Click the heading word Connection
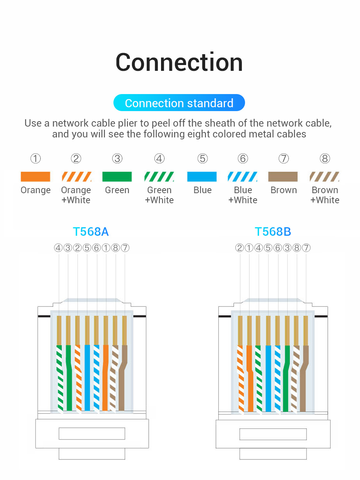coord(179,62)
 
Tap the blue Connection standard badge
coord(179,103)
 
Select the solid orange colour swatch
coord(35,177)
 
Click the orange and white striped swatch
coord(76,177)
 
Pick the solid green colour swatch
coord(117,177)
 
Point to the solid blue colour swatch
coord(202,177)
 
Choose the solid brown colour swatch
coord(283,177)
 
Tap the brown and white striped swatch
coord(324,177)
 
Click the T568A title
coord(91,231)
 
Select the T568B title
coord(273,231)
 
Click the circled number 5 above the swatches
coord(202,159)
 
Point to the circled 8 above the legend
coord(325,159)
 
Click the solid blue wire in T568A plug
coord(87,377)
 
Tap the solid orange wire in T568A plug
coord(106,377)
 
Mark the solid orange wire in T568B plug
coord(250,377)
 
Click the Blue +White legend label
coord(243,195)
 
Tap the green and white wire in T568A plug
coord(59,377)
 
